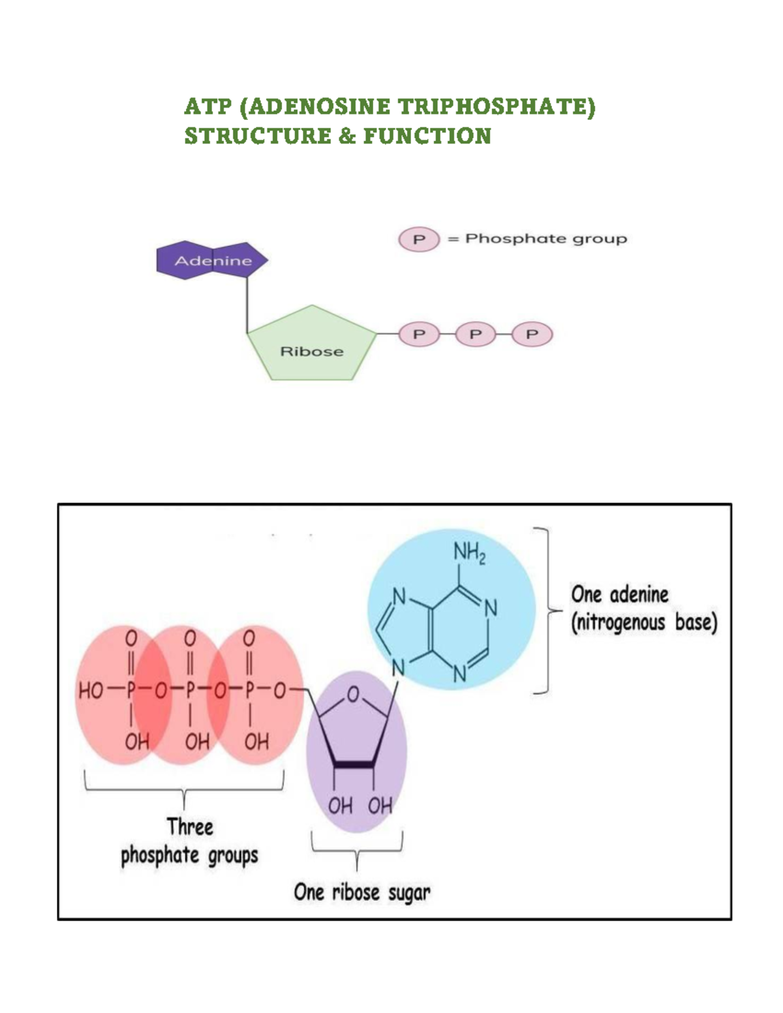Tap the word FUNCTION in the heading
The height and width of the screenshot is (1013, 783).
click(x=427, y=136)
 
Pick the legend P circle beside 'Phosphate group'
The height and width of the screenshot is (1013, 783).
click(x=419, y=239)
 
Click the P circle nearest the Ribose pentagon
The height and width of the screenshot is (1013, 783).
click(x=419, y=335)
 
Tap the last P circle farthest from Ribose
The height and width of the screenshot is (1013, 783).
click(x=532, y=335)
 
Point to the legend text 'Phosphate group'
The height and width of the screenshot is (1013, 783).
click(x=545, y=239)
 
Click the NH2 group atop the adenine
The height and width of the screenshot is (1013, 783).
click(x=469, y=554)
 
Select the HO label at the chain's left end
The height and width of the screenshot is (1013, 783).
click(x=91, y=691)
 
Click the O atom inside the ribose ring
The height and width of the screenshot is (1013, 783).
click(x=353, y=695)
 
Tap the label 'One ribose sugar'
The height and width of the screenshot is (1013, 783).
click(x=361, y=892)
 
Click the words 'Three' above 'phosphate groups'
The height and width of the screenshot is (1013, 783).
click(x=190, y=826)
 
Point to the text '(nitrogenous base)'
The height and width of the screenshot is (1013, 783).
click(x=644, y=622)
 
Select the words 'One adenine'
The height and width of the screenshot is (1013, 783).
click(x=620, y=594)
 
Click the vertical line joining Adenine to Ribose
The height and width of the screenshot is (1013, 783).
click(x=247, y=305)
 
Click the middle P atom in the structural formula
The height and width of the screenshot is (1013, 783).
click(x=190, y=691)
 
